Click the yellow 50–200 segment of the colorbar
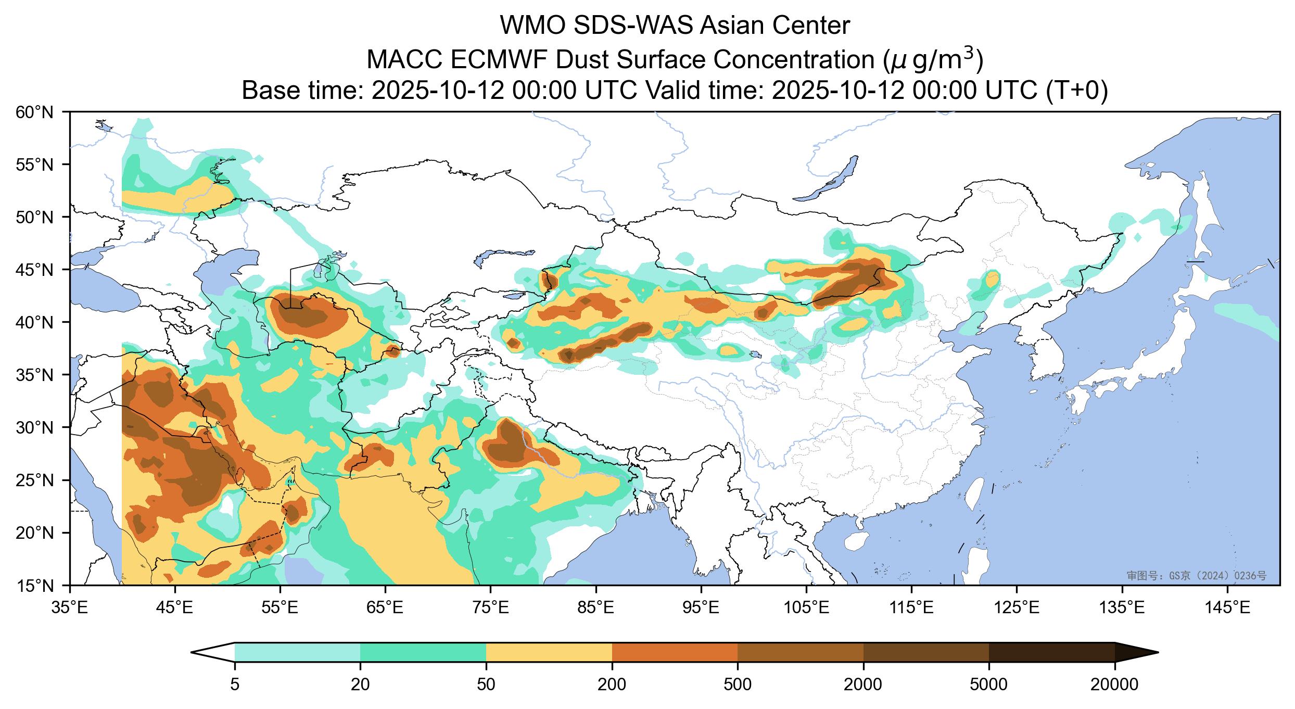pyautogui.click(x=549, y=652)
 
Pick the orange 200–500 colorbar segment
pyautogui.click(x=675, y=652)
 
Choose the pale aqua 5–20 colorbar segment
pyautogui.click(x=297, y=652)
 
